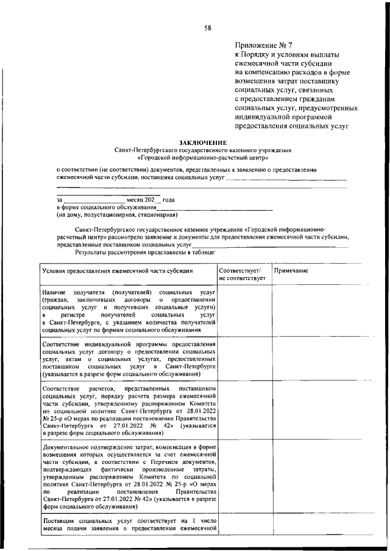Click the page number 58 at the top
207,26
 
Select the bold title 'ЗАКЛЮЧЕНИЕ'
204,142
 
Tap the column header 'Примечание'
291,270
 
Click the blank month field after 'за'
94,200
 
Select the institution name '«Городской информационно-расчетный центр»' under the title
204,157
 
